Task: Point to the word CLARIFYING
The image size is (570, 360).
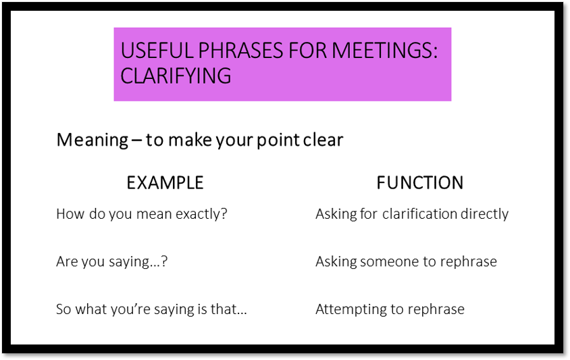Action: click(176, 75)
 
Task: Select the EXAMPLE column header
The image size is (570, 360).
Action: click(165, 182)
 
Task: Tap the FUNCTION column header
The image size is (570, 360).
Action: click(419, 182)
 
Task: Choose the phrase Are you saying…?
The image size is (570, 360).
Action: click(111, 261)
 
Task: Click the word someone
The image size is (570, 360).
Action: click(384, 261)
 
